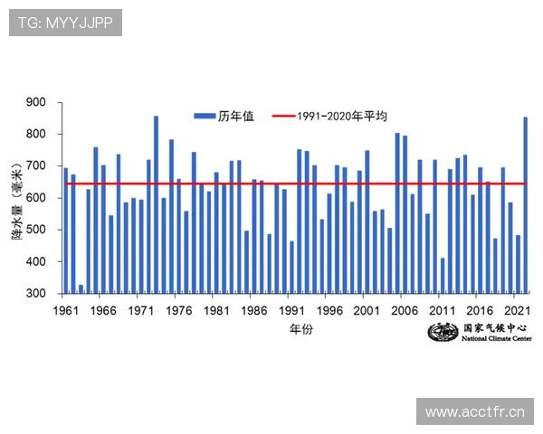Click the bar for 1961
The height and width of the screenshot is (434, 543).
(x=65, y=231)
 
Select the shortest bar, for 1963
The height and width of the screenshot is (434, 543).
(x=81, y=288)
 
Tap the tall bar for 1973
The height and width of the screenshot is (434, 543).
(x=156, y=204)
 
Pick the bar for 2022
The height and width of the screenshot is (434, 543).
(x=526, y=204)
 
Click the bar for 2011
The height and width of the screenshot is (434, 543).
(x=443, y=275)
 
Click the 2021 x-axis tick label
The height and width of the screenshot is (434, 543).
(x=516, y=310)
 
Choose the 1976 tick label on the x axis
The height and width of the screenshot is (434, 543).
(x=177, y=310)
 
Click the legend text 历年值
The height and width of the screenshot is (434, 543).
(x=236, y=116)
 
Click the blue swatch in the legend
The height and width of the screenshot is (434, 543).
(x=204, y=116)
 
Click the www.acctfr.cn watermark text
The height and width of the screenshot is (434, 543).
(x=474, y=412)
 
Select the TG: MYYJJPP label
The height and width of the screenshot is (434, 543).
(x=64, y=23)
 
